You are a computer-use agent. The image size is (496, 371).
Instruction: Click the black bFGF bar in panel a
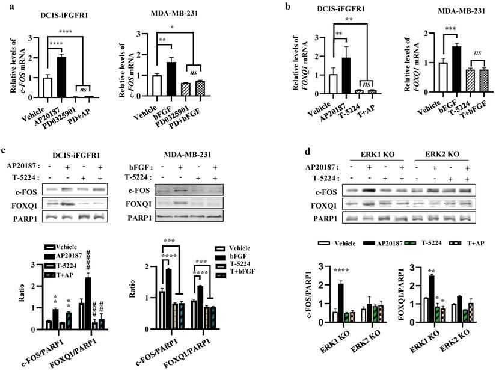click(171, 79)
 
